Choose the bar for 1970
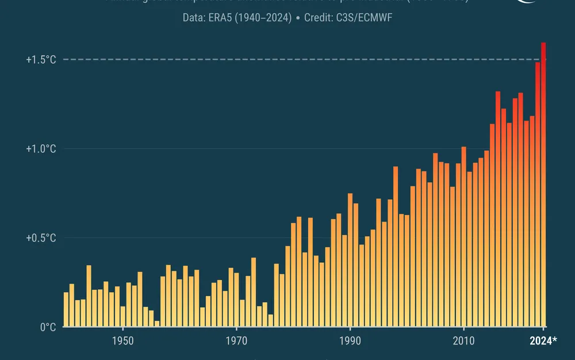coord(236,300)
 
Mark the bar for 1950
coord(123,316)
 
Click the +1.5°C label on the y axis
coord(41,60)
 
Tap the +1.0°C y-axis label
coord(41,149)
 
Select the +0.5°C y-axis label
coord(41,238)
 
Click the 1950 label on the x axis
coord(123,341)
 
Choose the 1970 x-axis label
coord(236,341)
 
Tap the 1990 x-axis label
coord(350,341)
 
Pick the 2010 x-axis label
coord(463,341)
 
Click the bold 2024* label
coord(543,341)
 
